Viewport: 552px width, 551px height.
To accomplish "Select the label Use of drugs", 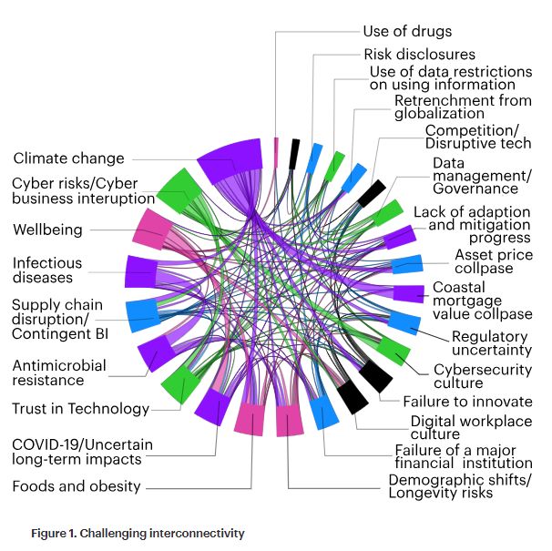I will [x=406, y=31].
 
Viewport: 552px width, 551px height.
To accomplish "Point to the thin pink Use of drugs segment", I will [x=276, y=152].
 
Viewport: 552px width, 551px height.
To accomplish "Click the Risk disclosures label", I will [x=419, y=55].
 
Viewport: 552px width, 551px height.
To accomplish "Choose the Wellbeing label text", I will [x=47, y=230].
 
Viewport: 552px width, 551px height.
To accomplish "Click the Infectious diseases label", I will [x=47, y=270].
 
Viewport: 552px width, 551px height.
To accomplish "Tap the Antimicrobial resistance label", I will [x=59, y=372].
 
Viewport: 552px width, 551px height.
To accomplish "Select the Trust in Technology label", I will [x=80, y=409].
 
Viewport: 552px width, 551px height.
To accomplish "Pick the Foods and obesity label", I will [x=77, y=485].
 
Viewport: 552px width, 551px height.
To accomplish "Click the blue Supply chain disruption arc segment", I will [x=143, y=313].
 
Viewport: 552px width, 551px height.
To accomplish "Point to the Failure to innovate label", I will [x=467, y=401].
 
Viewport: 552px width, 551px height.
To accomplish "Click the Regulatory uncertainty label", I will [x=492, y=343].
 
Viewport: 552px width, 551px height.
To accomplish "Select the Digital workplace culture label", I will [x=471, y=428].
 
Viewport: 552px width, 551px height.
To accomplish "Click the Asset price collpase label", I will [x=494, y=263].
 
